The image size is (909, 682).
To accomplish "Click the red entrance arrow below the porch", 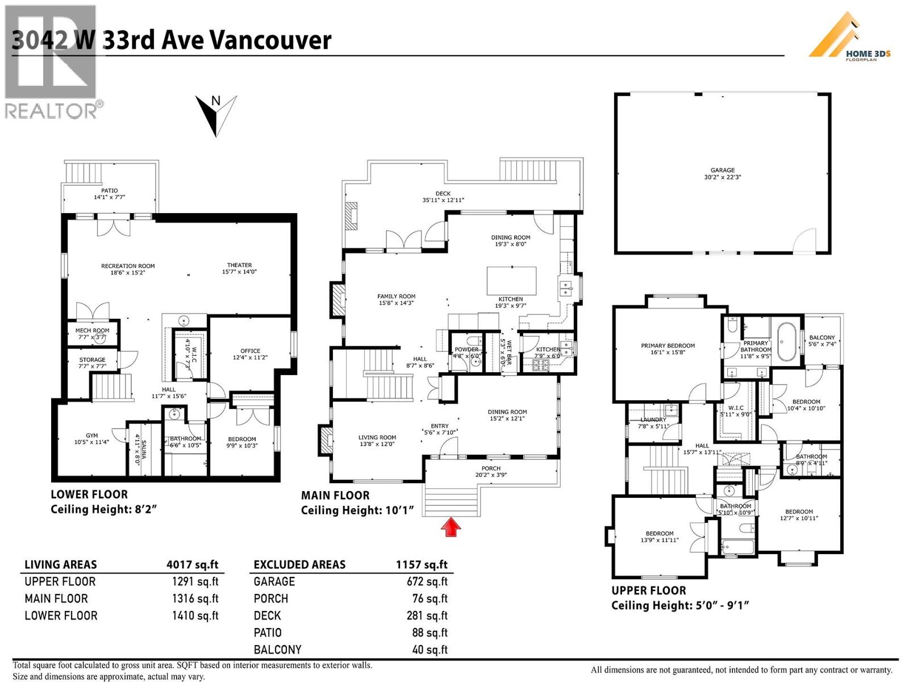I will click(x=451, y=527).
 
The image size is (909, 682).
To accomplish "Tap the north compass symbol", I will click(x=216, y=114).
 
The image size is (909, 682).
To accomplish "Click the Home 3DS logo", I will click(x=850, y=38).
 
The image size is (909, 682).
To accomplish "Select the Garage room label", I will click(x=722, y=173).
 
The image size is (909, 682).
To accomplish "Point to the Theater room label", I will click(x=239, y=268).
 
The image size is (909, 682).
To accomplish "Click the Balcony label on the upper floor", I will click(x=822, y=340).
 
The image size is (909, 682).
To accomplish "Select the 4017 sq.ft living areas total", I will click(x=192, y=564).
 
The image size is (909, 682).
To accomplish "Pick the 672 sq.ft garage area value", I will click(x=430, y=581).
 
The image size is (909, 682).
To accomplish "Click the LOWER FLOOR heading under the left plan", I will click(x=89, y=494).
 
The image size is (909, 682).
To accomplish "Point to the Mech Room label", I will click(x=92, y=334).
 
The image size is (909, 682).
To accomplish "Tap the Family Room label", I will click(x=396, y=300).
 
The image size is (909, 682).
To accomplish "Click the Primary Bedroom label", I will click(x=668, y=348).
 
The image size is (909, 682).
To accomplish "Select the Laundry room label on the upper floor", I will click(x=653, y=423).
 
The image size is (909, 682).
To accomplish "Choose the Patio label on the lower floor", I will click(x=109, y=194).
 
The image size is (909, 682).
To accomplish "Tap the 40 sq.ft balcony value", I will click(x=430, y=650).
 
